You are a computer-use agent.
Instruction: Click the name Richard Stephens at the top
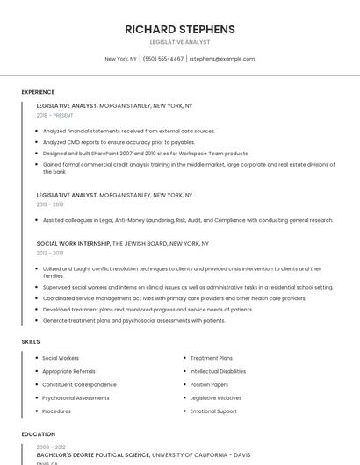[180, 29]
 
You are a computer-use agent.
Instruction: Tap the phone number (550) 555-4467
[163, 59]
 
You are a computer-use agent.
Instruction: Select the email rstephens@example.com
[222, 59]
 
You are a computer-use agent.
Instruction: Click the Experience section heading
[38, 92]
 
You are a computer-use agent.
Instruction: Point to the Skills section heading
[31, 341]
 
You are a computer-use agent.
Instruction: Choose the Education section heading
[39, 433]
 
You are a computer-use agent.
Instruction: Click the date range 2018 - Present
[55, 115]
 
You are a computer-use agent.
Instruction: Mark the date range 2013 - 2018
[50, 204]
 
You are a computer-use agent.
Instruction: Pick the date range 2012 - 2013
[50, 252]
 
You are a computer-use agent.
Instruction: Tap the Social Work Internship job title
[73, 243]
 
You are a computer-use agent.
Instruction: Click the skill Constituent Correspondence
[79, 384]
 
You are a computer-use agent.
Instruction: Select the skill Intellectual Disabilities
[218, 371]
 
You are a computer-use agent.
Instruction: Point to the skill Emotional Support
[213, 411]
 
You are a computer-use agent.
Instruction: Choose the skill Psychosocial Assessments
[76, 397]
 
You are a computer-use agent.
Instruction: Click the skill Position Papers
[209, 384]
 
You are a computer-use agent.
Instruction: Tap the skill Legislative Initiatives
[215, 397]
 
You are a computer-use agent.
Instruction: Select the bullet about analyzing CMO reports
[119, 142]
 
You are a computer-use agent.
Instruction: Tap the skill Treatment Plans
[212, 358]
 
